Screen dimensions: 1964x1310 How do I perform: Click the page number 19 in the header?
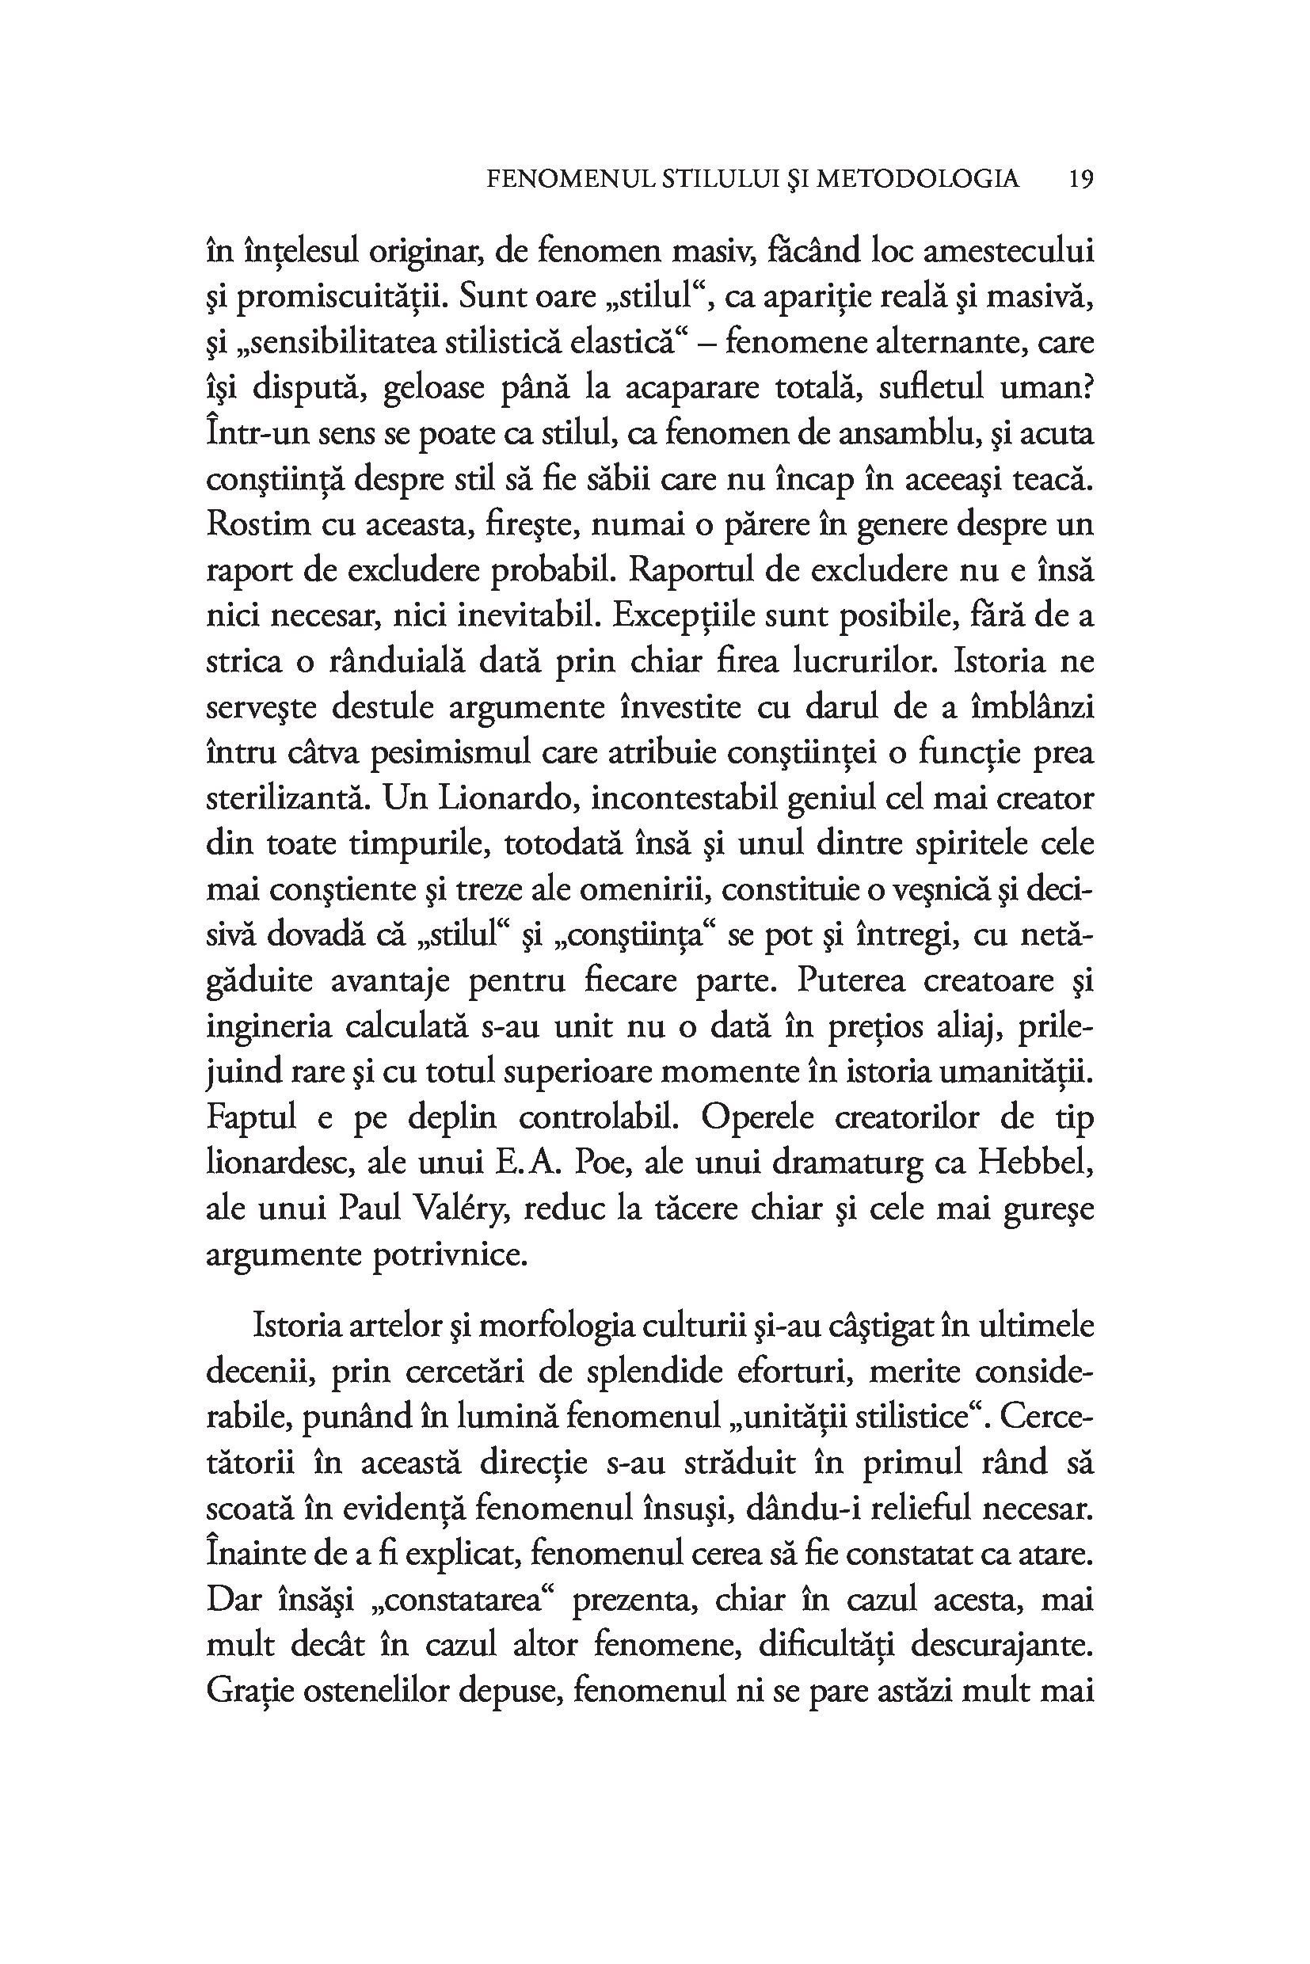(x=1081, y=179)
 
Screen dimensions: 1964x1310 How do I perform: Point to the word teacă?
(x=1052, y=481)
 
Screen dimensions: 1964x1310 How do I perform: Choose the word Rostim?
(x=254, y=526)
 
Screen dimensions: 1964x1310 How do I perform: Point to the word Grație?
(x=248, y=1692)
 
